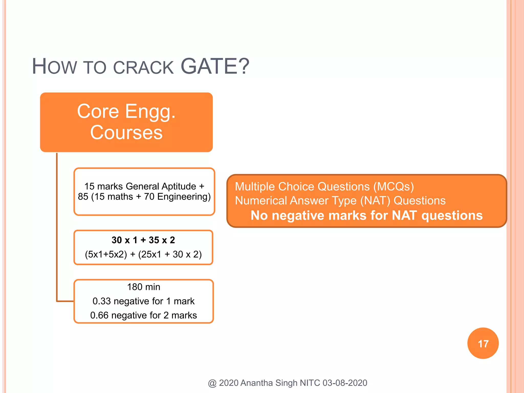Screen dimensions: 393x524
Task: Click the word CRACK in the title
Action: point(143,68)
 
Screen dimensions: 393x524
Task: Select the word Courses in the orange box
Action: point(126,133)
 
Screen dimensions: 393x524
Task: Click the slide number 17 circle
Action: point(483,343)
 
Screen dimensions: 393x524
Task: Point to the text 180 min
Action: point(144,287)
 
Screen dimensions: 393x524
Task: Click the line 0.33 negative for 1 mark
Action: point(144,301)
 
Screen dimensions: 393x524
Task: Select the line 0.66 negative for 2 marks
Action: point(144,315)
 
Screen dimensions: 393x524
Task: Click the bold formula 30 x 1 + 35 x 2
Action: point(143,240)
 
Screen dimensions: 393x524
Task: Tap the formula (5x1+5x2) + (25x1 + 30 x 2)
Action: point(143,254)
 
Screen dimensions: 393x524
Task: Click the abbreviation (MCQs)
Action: point(393,187)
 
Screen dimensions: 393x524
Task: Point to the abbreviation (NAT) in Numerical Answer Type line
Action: point(375,201)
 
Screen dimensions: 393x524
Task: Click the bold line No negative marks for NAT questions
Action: point(366,215)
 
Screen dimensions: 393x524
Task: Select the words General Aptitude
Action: point(161,186)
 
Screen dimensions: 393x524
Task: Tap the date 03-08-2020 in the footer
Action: point(345,383)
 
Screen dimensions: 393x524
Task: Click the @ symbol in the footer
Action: point(212,383)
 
